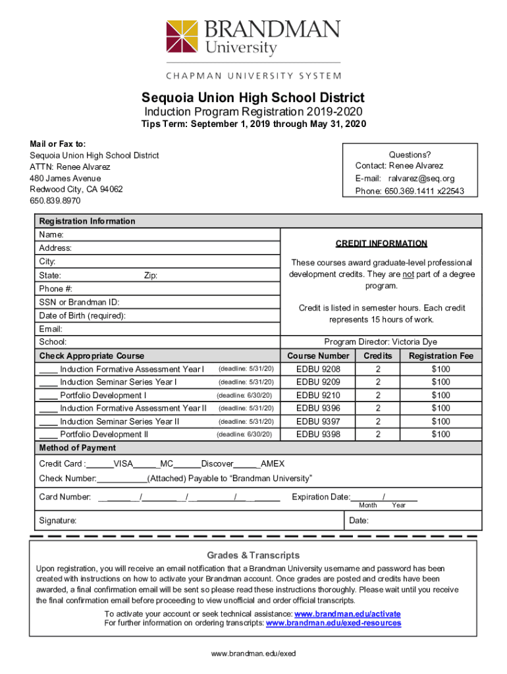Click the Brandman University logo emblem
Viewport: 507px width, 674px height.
(182, 37)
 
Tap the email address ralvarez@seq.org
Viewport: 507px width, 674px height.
(421, 178)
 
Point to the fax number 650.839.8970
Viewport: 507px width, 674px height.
(55, 200)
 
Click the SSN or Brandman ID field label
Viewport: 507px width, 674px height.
(79, 302)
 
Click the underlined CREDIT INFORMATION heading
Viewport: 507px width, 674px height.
(381, 244)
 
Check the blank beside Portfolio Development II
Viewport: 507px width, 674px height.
(48, 434)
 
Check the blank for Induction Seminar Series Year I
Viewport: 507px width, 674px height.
(48, 382)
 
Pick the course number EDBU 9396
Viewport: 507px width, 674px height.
(319, 408)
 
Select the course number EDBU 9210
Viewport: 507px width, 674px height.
(319, 395)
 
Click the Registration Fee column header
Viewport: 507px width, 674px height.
(440, 356)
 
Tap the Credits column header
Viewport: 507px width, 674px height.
(378, 356)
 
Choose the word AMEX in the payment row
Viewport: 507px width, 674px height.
(273, 463)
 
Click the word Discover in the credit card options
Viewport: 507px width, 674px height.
(217, 463)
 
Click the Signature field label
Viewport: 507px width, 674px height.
(57, 521)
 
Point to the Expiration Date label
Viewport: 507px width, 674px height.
(321, 497)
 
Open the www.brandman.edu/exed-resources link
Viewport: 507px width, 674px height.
(333, 623)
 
